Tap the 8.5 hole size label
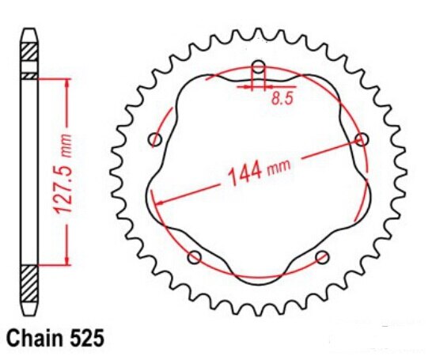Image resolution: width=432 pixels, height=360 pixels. coord(281,100)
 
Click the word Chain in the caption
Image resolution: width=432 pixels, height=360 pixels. coord(31,338)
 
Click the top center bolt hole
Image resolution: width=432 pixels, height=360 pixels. coord(258,66)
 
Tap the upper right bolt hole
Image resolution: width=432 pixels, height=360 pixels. coord(362,140)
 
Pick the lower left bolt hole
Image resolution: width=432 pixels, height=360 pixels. coord(194,257)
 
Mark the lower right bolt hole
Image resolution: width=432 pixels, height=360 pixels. coord(322,257)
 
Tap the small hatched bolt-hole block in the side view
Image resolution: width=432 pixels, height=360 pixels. coord(29,76)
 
